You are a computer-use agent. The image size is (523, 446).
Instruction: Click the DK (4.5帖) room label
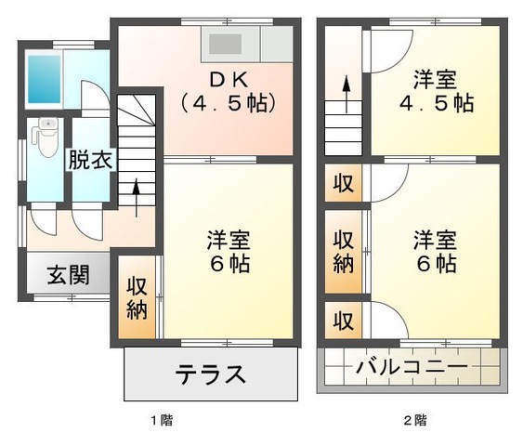coord(229,90)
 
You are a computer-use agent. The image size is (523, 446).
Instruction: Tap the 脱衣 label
coord(90,159)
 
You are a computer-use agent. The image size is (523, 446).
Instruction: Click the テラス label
coord(211,374)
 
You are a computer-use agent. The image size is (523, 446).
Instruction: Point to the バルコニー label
coord(412,366)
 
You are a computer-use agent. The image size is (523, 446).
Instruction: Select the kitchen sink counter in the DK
coord(232,44)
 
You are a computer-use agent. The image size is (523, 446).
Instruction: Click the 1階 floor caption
coord(161,420)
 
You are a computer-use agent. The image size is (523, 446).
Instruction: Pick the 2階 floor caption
coord(414,420)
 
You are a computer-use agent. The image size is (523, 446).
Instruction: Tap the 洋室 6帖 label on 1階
coord(228,252)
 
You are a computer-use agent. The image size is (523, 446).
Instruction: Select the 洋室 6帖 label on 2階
coord(435,251)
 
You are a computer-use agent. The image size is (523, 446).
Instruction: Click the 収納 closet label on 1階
coord(137,298)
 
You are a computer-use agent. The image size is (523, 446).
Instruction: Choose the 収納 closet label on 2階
coord(344,252)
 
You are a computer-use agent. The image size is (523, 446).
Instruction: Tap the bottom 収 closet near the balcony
coord(344,321)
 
